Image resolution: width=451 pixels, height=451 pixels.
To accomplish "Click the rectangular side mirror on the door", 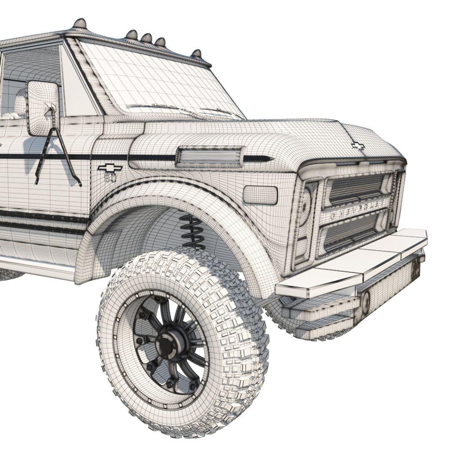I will coord(43,107).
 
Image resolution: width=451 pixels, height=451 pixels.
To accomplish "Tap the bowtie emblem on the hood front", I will coord(357,145).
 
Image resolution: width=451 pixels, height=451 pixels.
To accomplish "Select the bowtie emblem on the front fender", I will coord(110,168).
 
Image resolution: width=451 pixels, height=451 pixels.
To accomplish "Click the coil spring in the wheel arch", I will coord(192,231).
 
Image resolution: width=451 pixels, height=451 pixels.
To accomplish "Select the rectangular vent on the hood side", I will coord(209,156).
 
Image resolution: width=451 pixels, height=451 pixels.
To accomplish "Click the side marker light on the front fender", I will coord(260,195).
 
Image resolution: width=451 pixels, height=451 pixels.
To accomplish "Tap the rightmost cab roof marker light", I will coord(196,54).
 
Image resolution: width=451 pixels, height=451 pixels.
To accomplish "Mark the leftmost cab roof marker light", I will coord(79,23).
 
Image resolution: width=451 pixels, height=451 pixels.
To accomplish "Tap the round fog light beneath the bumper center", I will coord(365,302).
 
